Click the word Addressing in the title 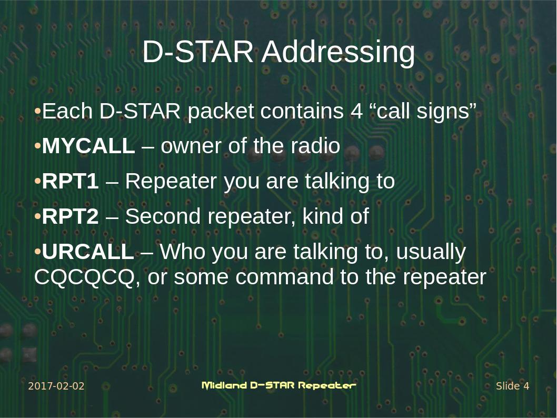point(338,53)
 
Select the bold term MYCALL point(88,146)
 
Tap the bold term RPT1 point(70,182)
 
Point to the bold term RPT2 point(70,217)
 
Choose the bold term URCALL point(87,252)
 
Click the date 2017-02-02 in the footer point(56,386)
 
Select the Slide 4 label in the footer point(512,386)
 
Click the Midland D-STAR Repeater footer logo point(278,385)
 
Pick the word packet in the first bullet point(221,112)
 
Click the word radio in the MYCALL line point(315,146)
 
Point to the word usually point(431,252)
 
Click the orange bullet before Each point(37,112)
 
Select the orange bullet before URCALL point(37,253)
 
